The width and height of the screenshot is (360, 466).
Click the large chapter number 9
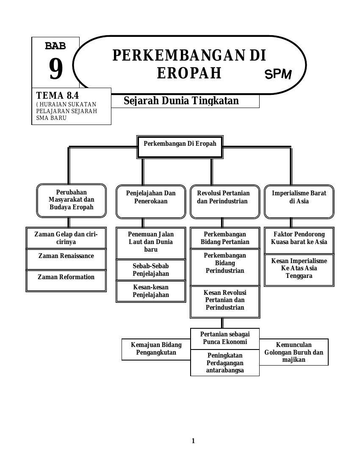click(x=55, y=69)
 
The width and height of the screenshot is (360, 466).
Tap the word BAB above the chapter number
click(x=55, y=46)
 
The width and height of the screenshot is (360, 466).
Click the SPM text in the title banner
click(x=278, y=74)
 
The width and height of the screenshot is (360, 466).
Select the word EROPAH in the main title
click(x=189, y=73)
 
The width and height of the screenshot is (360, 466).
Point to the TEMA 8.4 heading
click(x=58, y=95)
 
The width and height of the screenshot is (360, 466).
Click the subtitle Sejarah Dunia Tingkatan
click(x=181, y=101)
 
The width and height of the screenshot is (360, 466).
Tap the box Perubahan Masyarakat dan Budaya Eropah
click(x=72, y=200)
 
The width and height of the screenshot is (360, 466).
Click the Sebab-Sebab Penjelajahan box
click(x=151, y=270)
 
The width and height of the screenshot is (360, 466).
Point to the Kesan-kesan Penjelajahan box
click(x=151, y=291)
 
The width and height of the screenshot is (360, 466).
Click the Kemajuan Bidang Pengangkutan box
click(x=156, y=349)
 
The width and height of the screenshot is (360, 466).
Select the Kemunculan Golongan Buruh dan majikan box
click(x=294, y=352)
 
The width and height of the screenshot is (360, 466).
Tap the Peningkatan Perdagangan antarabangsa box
click(x=225, y=363)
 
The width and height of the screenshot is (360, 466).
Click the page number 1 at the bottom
click(x=194, y=441)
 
